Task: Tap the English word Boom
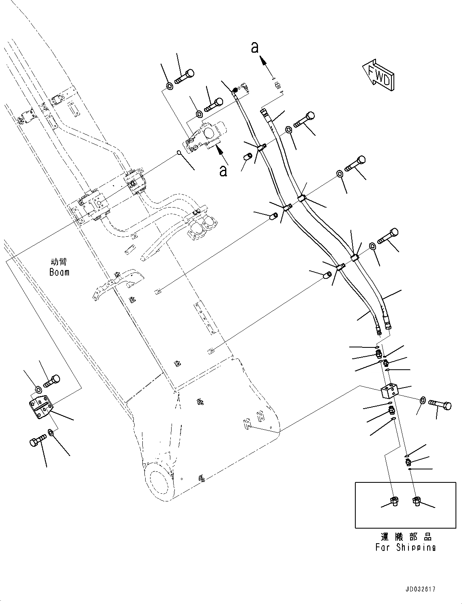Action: (59, 272)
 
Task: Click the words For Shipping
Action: (405, 547)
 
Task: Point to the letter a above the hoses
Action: (255, 47)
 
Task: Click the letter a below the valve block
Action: (223, 171)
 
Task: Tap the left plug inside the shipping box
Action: (394, 501)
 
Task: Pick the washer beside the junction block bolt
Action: (422, 401)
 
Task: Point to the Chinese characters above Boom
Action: (59, 262)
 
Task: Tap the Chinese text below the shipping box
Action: (406, 537)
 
